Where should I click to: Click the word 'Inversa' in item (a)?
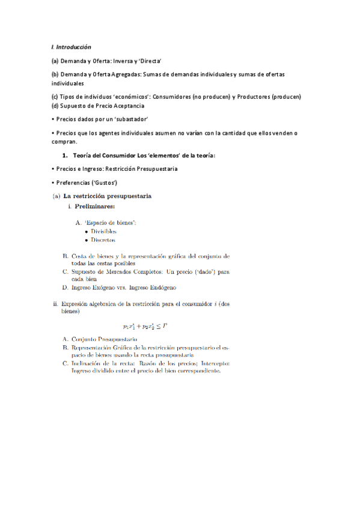(132, 61)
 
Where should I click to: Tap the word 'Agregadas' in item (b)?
(127, 74)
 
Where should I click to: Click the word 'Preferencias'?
(73, 182)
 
